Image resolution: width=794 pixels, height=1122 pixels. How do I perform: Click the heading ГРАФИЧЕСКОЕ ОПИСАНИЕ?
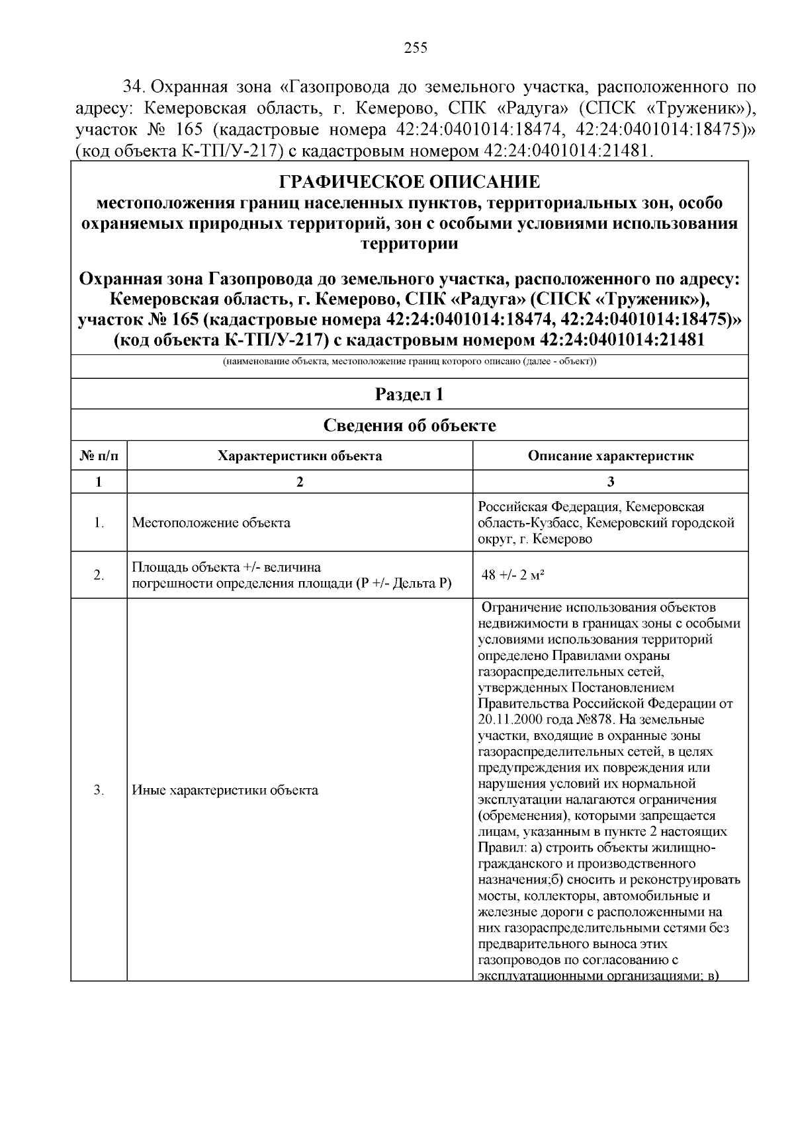point(409,181)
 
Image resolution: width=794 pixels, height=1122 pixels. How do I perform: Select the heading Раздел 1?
point(409,395)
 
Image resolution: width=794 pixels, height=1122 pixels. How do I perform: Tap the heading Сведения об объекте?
point(409,425)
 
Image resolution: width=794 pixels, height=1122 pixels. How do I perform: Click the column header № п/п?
point(99,456)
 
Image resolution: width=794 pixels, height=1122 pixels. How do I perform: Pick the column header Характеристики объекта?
point(300,456)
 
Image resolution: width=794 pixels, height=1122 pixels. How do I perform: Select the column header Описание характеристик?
point(610,456)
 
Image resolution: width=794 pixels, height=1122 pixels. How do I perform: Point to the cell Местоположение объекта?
point(211,523)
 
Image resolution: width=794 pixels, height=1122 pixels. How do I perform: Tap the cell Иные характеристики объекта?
point(225,790)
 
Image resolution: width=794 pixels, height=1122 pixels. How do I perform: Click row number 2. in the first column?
point(99,575)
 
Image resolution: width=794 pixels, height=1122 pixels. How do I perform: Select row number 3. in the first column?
point(99,790)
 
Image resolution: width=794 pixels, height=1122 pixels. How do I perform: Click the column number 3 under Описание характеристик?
point(610,482)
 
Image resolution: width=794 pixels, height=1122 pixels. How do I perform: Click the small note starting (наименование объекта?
point(409,362)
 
